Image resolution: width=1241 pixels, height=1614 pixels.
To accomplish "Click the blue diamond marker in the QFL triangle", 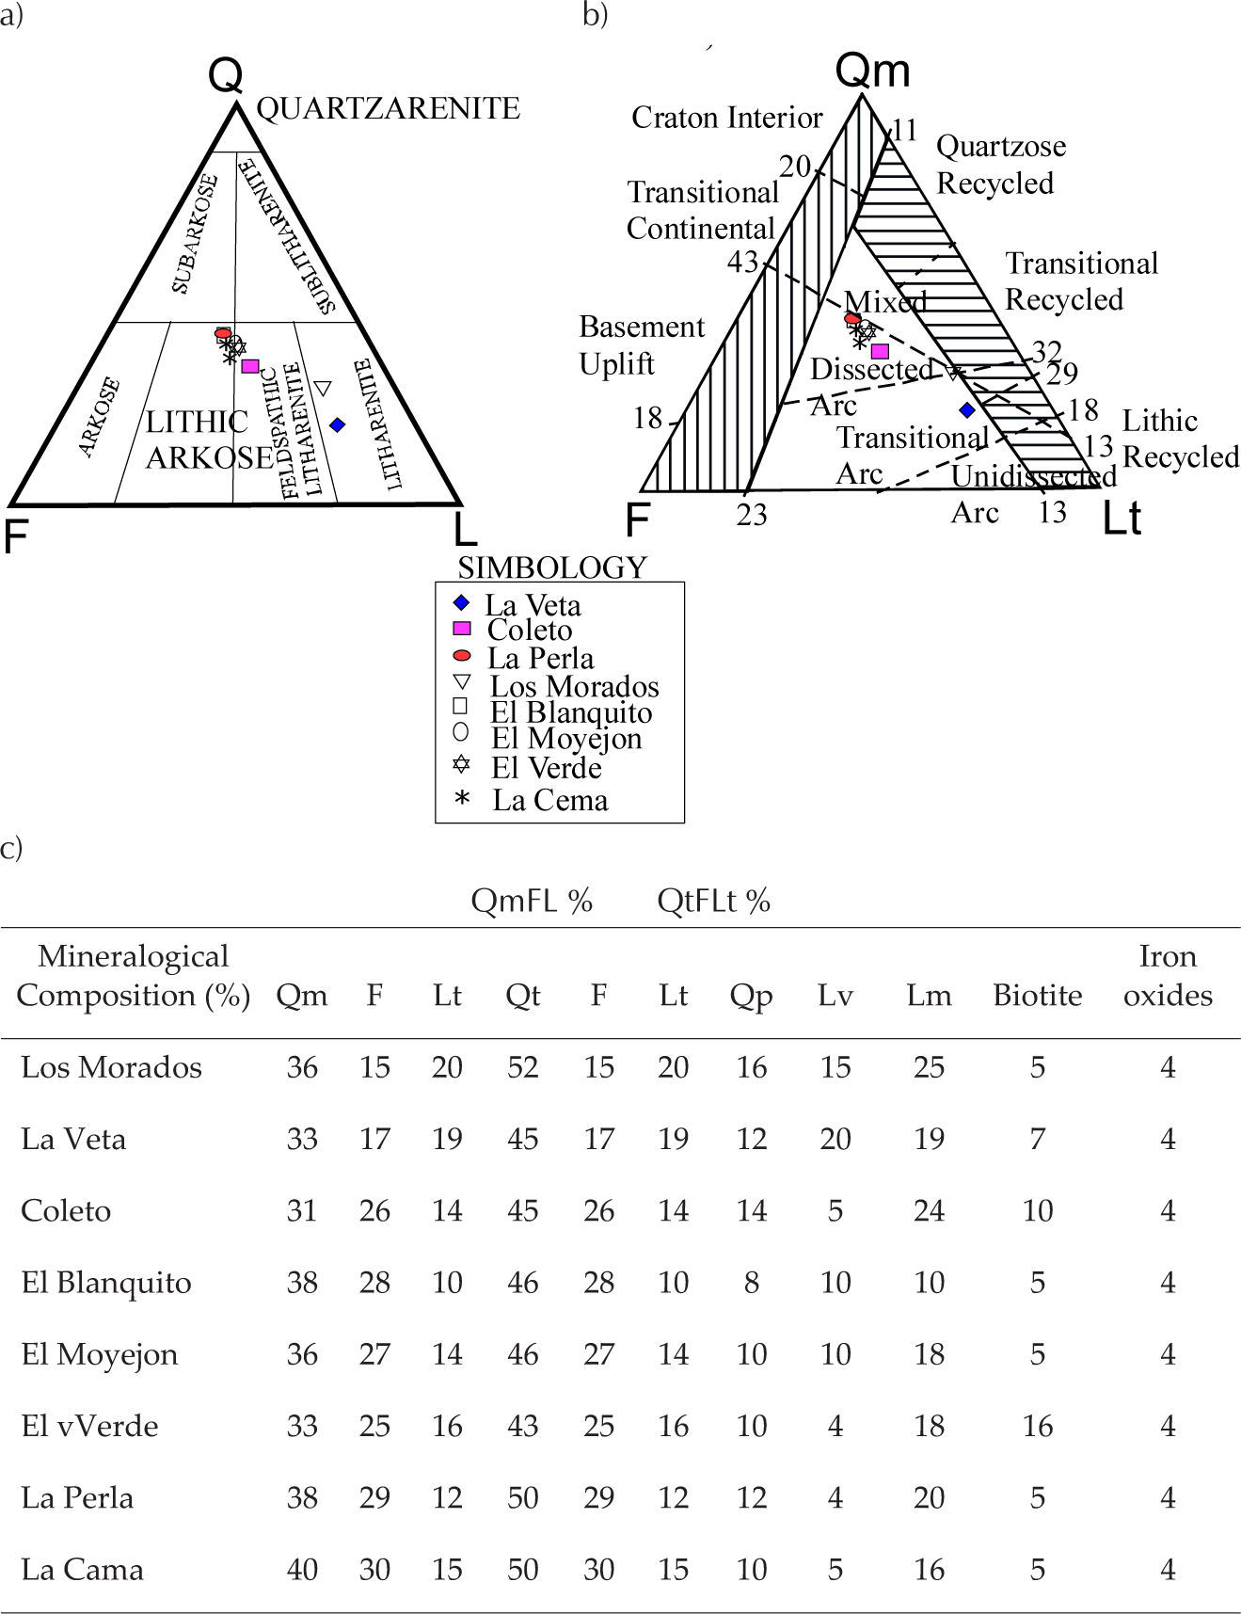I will tap(338, 425).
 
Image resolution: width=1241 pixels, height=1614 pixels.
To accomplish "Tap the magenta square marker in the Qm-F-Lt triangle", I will tap(881, 352).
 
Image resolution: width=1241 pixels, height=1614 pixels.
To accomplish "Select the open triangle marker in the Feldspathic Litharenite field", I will tap(323, 388).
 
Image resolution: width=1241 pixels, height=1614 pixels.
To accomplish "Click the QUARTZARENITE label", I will tap(388, 108).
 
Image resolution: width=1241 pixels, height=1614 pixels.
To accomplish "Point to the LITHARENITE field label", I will tap(380, 423).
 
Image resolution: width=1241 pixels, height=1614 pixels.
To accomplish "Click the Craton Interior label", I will tap(726, 118).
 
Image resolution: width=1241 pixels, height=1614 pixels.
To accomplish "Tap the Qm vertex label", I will tap(873, 71).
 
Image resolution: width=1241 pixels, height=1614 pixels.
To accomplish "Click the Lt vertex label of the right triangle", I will tap(1122, 519).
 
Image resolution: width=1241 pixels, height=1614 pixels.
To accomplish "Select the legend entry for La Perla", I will tap(539, 658).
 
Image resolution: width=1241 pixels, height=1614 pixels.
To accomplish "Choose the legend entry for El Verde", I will tap(546, 768).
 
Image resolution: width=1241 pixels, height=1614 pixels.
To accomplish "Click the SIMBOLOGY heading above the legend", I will tap(552, 567).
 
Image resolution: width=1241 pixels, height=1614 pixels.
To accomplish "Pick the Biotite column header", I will tap(1037, 995).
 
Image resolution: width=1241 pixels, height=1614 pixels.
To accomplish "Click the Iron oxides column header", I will tap(1167, 975).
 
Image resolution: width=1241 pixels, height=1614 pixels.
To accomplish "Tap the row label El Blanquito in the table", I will tap(106, 1283).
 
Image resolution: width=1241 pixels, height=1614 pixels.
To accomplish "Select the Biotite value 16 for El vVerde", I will tap(1037, 1426).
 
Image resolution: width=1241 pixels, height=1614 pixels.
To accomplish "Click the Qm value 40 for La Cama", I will tap(301, 1570).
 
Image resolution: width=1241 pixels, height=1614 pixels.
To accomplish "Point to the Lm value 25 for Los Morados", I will tap(929, 1067).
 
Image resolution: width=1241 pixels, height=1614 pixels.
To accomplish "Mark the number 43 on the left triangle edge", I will tap(742, 262).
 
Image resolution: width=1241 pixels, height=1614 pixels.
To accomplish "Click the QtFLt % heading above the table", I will tap(713, 901).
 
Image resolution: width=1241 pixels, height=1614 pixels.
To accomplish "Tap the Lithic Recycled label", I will tap(1180, 439).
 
